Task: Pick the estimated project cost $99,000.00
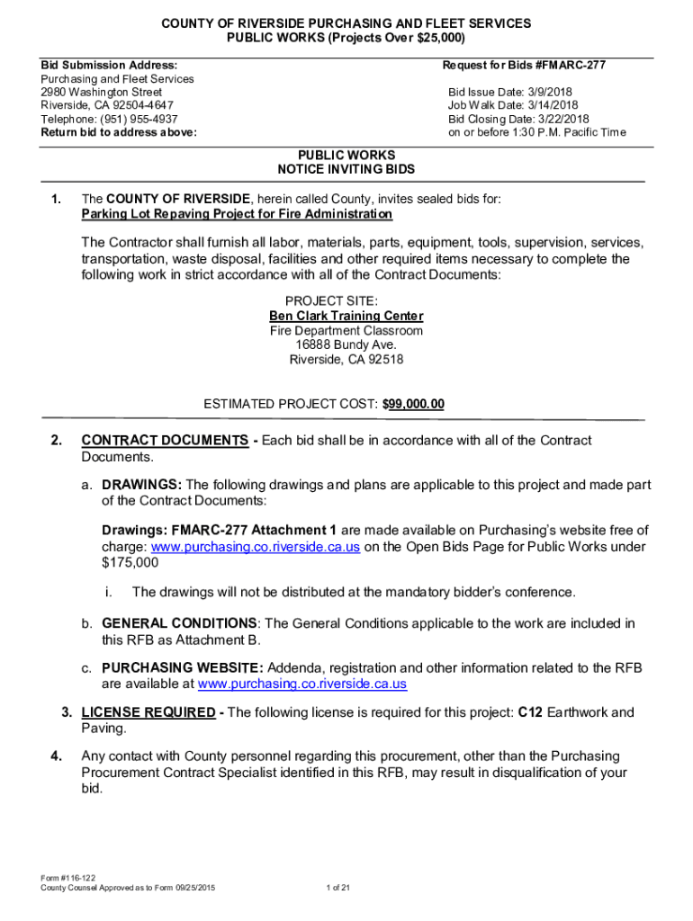click(413, 405)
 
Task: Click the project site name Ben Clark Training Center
click(346, 317)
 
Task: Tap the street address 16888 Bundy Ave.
click(346, 345)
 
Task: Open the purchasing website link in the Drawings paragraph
click(256, 547)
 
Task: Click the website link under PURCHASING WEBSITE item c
click(301, 684)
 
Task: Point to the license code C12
click(529, 712)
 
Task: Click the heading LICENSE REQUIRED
click(148, 712)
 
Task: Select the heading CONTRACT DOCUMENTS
click(165, 440)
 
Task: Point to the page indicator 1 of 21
click(337, 889)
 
